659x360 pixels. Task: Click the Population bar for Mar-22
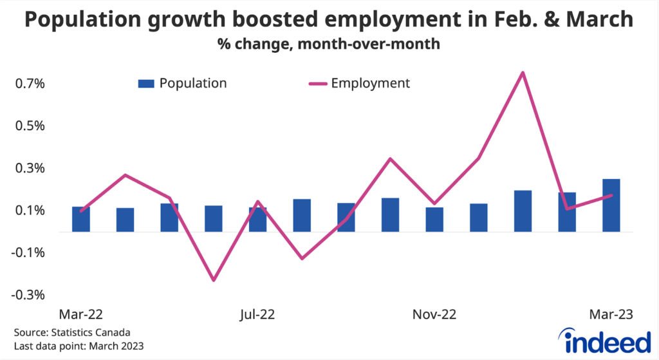tap(81, 219)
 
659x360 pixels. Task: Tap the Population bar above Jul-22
tap(257, 219)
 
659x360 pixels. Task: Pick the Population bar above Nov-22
tap(434, 219)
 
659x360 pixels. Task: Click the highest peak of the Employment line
tap(523, 72)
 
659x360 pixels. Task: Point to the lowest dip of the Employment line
tap(214, 280)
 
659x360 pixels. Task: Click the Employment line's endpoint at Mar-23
tap(611, 195)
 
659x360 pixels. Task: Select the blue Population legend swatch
tap(146, 84)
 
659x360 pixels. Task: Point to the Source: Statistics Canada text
tap(72, 333)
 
